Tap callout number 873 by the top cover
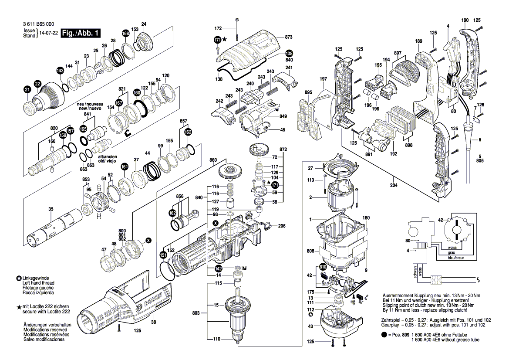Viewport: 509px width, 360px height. [x=288, y=37]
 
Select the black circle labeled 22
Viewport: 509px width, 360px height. [x=37, y=84]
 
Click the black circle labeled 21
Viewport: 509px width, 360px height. [x=27, y=90]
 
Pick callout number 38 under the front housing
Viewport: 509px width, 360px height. [x=153, y=322]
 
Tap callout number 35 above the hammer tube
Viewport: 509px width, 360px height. [x=51, y=210]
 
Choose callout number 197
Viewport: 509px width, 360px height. [x=323, y=79]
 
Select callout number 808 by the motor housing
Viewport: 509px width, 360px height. [x=310, y=251]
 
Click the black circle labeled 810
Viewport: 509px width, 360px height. [x=322, y=267]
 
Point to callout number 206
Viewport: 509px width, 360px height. [x=282, y=226]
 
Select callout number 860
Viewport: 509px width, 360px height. [x=213, y=160]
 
